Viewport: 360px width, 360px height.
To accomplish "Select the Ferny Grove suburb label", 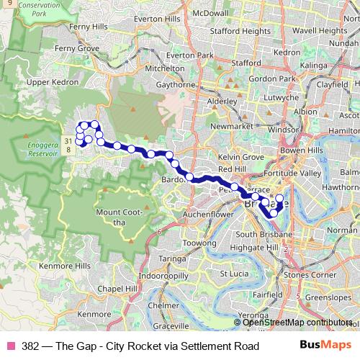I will click(x=77, y=48).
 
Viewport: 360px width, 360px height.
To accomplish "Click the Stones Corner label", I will click(x=312, y=274).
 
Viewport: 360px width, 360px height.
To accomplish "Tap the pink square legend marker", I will click(x=10, y=346).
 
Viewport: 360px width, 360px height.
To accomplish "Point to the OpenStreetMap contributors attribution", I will click(x=297, y=323).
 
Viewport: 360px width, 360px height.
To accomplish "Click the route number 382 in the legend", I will click(x=31, y=346).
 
